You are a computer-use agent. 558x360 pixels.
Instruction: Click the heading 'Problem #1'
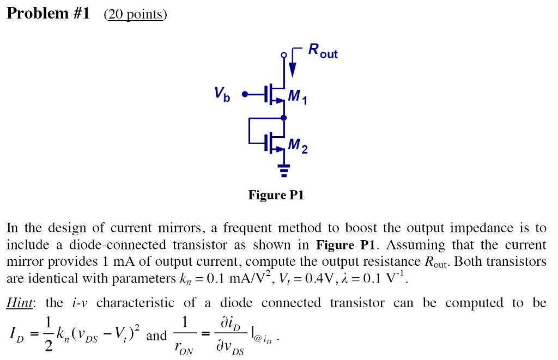click(x=48, y=13)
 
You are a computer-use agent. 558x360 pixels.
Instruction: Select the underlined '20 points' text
click(x=135, y=14)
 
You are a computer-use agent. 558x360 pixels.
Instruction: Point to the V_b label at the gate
click(x=222, y=95)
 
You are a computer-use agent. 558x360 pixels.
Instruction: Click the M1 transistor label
click(x=298, y=97)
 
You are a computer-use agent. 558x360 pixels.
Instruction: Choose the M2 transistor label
click(x=298, y=146)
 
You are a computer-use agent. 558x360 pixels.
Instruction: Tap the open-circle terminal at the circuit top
click(x=283, y=55)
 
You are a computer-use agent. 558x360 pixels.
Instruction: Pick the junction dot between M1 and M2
click(x=283, y=117)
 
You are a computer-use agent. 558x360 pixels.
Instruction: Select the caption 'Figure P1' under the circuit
click(x=276, y=195)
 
